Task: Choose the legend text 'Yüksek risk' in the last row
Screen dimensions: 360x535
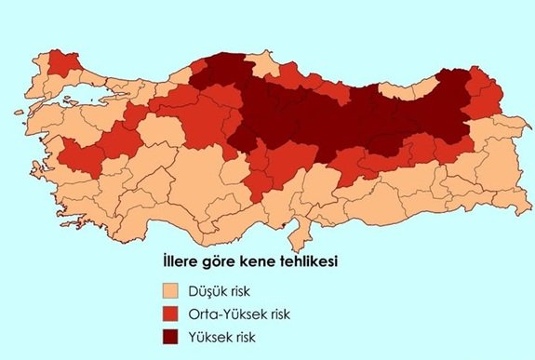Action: coord(222,336)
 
